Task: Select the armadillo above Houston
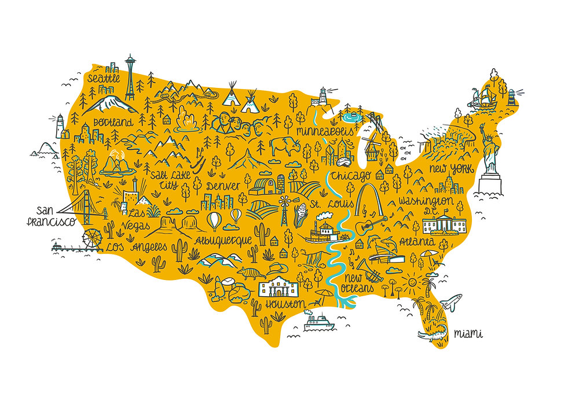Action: tap(251, 272)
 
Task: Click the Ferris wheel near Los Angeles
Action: tap(93, 238)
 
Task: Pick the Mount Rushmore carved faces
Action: tap(234, 122)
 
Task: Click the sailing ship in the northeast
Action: tap(482, 98)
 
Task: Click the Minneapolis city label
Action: tap(324, 131)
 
